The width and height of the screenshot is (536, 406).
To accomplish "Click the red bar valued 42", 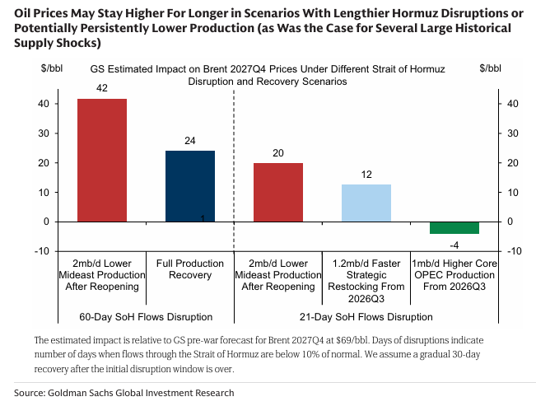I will [102, 160].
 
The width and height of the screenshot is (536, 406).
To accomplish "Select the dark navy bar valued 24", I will [189, 186].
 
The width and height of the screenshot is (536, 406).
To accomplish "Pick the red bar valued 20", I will [277, 192].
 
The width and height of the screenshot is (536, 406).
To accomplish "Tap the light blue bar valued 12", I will [366, 203].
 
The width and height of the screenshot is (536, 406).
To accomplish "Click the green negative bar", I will [454, 228].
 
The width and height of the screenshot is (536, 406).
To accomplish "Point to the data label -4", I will [454, 244].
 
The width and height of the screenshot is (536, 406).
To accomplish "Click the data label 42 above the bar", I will [102, 87].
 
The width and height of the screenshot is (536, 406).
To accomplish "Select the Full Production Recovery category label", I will [189, 269].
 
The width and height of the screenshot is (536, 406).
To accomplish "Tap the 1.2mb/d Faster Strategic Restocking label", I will [366, 275].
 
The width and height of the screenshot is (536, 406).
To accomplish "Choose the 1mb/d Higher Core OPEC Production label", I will [454, 275].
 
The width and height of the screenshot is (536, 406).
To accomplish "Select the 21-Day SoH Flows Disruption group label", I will [366, 317].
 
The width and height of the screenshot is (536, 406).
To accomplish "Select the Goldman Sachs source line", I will [124, 393].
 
